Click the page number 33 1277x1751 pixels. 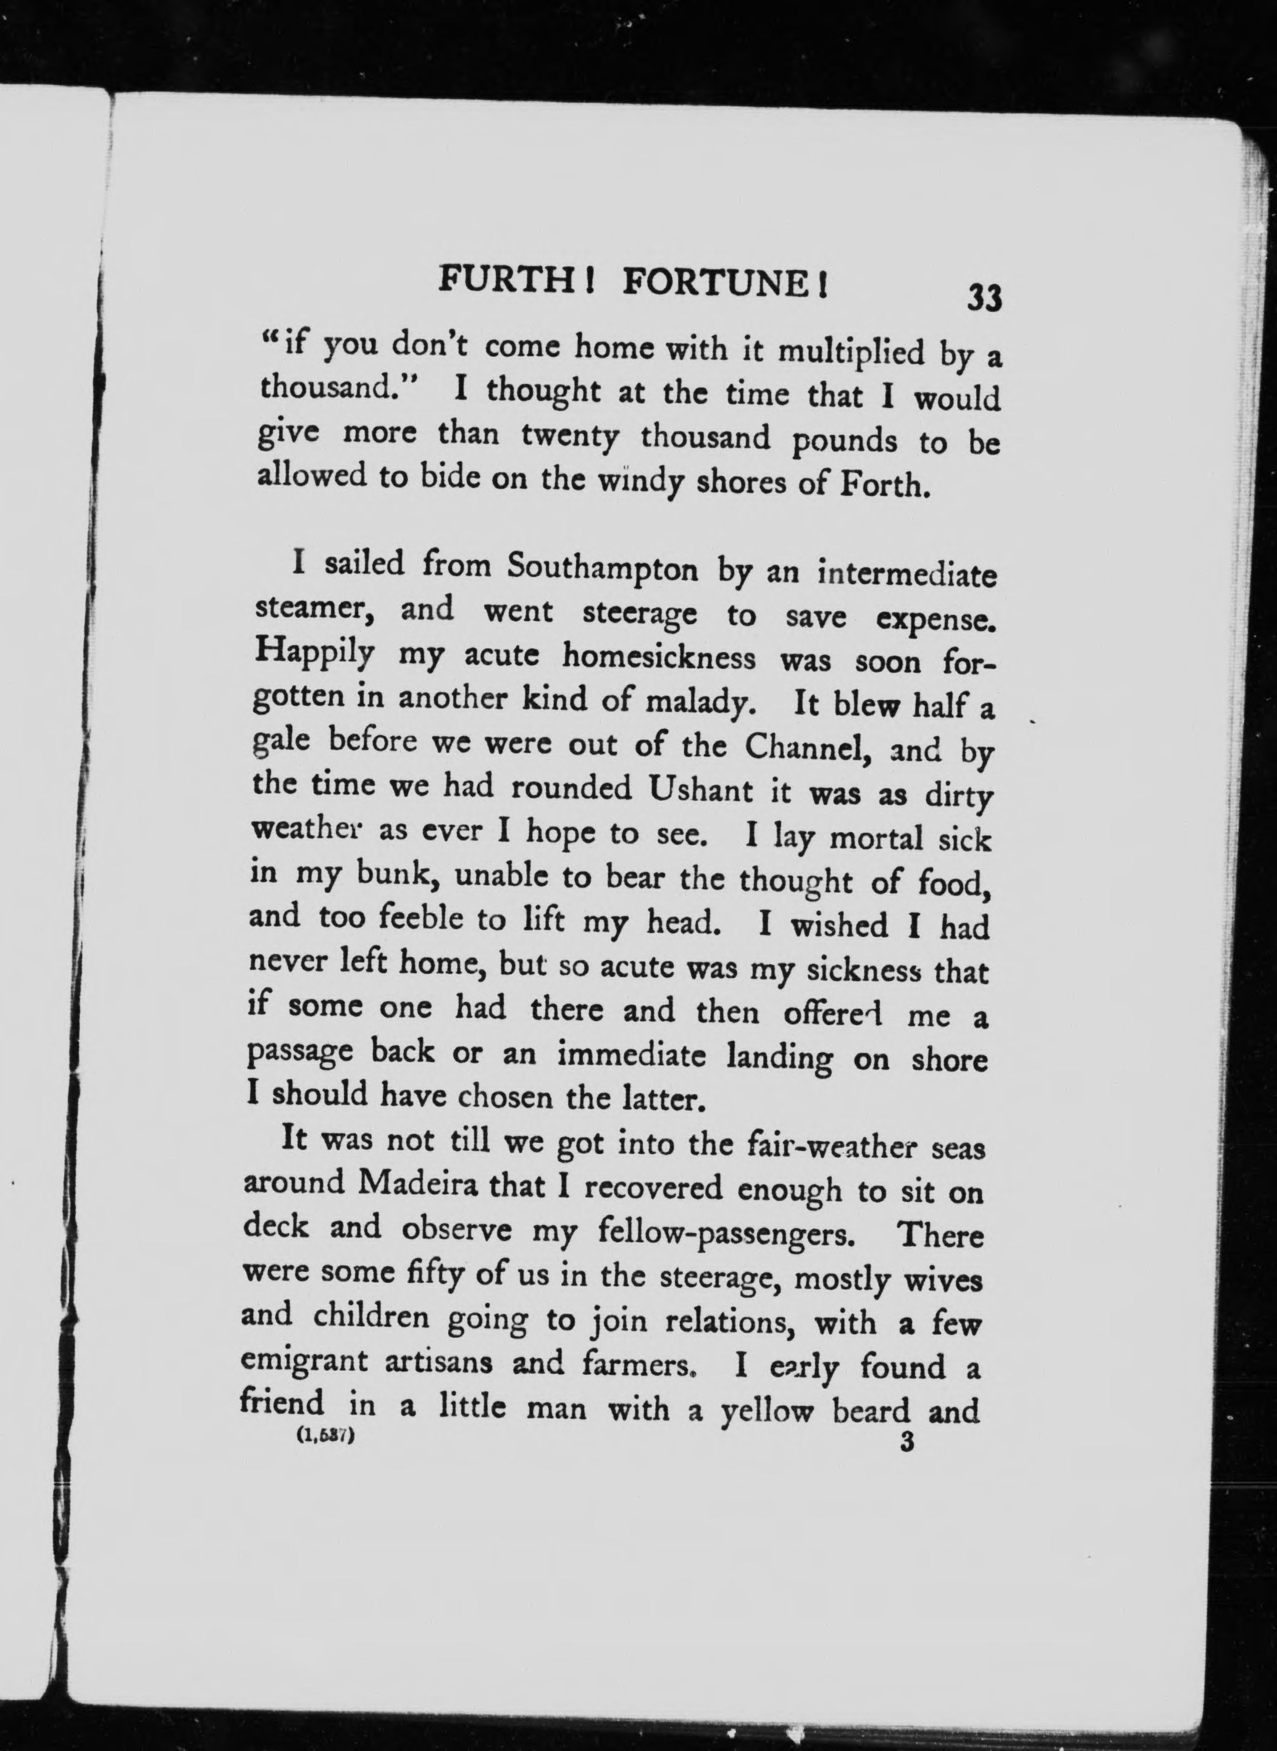coord(984,297)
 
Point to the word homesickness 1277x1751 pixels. coord(659,658)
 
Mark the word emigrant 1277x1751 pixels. coord(304,1361)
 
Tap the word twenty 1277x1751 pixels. coord(570,438)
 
